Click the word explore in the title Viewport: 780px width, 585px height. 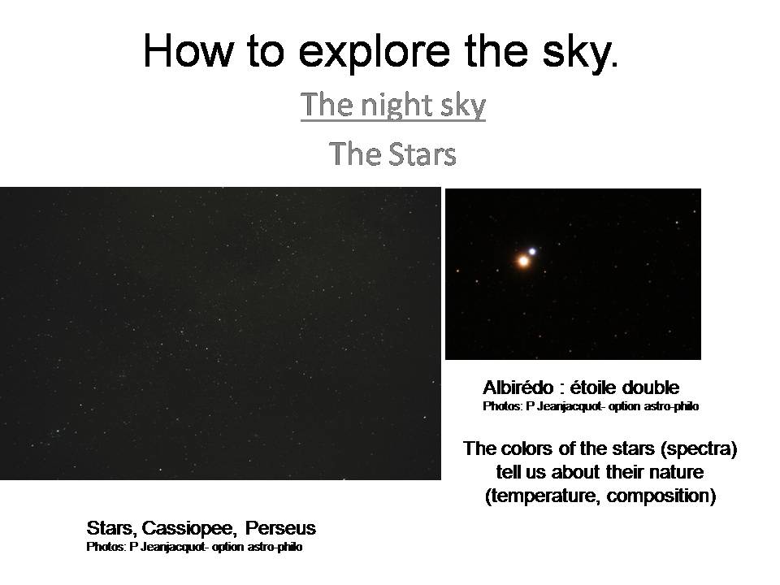(x=374, y=52)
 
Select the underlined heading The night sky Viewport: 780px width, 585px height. (x=393, y=105)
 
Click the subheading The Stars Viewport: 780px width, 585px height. (x=392, y=154)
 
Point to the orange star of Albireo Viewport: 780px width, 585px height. (x=522, y=261)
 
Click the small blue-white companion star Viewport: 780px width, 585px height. (x=532, y=251)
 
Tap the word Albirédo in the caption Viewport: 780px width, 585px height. (x=518, y=388)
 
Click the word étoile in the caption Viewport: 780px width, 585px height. (x=593, y=388)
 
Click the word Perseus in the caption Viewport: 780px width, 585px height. (x=280, y=528)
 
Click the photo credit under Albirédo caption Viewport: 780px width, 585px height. (x=591, y=406)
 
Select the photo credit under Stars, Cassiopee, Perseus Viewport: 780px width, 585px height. (x=194, y=547)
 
